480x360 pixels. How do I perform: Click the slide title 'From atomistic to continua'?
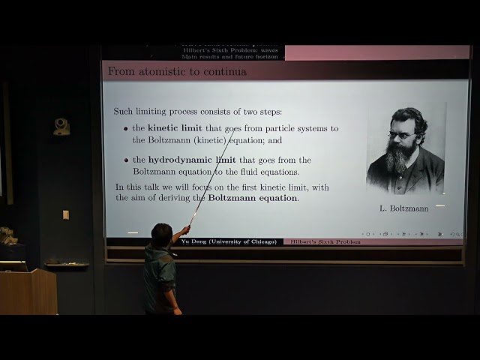(x=177, y=72)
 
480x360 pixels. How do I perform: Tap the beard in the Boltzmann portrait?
(x=400, y=158)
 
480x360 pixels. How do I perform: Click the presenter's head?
(x=161, y=234)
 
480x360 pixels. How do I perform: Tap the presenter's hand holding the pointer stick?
(x=184, y=230)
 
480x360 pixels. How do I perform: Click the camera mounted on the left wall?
(x=61, y=127)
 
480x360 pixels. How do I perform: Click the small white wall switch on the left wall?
(x=66, y=214)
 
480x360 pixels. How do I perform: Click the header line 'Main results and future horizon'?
(x=229, y=56)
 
